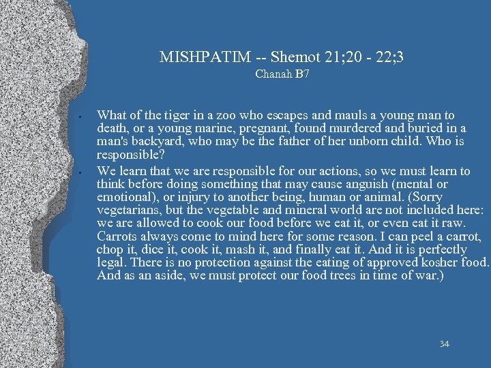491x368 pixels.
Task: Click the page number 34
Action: [x=445, y=343]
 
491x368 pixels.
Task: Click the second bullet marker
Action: [x=80, y=173]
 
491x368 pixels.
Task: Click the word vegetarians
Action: [x=130, y=210]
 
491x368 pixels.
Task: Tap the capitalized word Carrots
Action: [x=118, y=236]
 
